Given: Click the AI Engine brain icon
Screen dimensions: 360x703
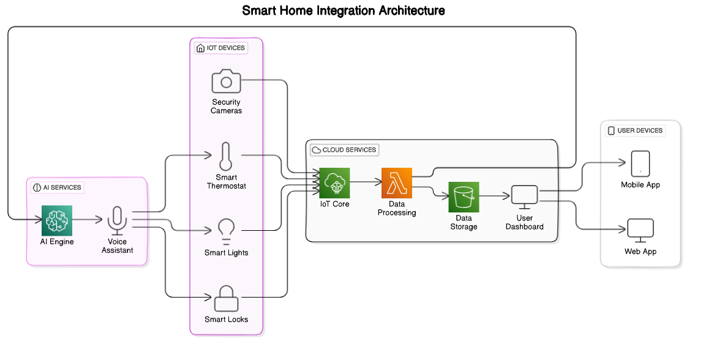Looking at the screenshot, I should tap(57, 220).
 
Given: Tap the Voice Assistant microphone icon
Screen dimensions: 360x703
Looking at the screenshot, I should tap(117, 220).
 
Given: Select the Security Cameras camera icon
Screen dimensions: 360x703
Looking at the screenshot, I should tap(226, 81).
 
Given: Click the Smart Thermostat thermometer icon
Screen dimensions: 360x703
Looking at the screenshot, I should tap(225, 156).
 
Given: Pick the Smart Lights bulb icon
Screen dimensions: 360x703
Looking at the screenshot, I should tap(226, 231).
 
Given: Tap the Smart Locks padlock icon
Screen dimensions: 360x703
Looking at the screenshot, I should tap(226, 298).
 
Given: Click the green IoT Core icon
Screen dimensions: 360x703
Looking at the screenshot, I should tap(334, 182).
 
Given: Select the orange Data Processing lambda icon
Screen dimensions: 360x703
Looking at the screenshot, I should tap(397, 182).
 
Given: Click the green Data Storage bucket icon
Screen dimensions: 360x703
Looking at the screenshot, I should tap(464, 197).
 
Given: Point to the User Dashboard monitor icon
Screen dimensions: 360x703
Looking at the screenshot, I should tap(524, 197).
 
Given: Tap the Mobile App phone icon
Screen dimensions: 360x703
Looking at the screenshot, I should tap(641, 163).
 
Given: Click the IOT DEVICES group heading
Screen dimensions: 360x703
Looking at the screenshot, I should tap(220, 48).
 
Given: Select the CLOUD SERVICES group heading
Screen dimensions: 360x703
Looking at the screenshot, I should tap(344, 150).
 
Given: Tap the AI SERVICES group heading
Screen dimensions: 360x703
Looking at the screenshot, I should tap(57, 187).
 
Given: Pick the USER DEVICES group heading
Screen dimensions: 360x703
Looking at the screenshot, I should tap(635, 130).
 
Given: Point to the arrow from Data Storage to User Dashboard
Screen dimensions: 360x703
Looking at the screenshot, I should tap(494, 197).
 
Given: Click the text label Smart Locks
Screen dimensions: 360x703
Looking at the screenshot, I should tap(226, 320).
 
